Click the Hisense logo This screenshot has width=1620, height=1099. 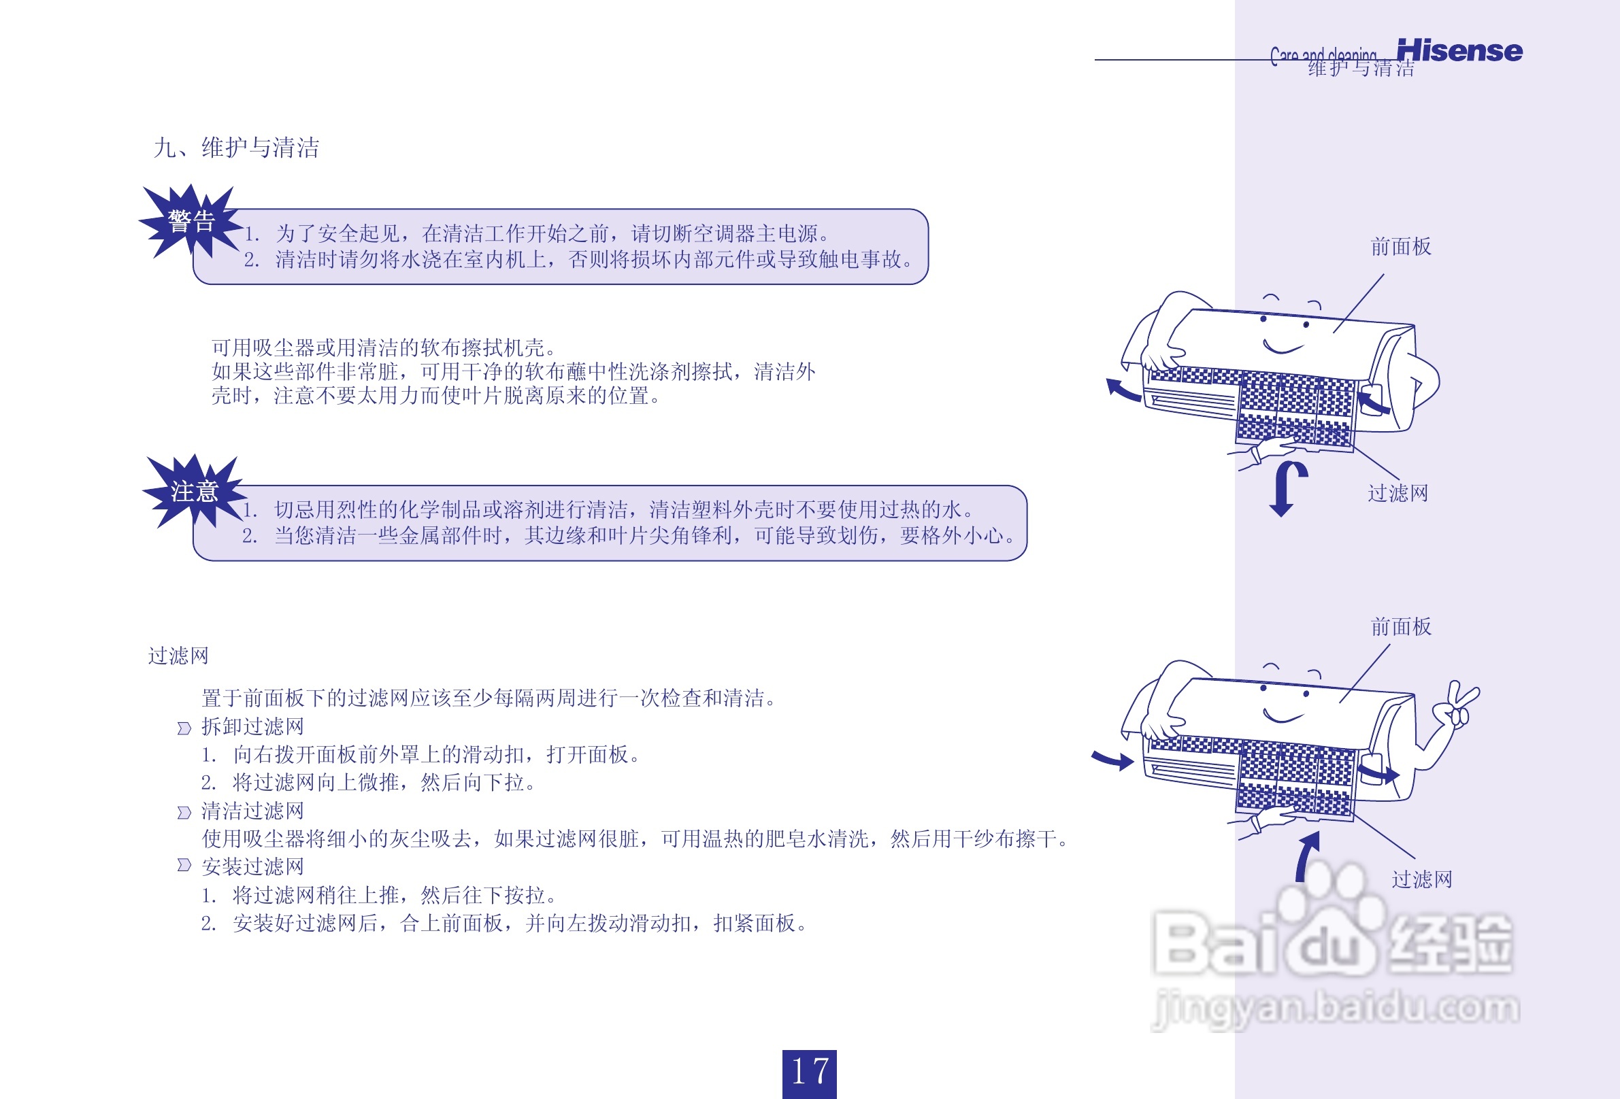(x=1459, y=51)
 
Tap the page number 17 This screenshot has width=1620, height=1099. (x=809, y=1072)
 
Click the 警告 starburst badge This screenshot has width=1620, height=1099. (x=191, y=222)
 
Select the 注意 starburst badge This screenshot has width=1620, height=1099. (x=194, y=491)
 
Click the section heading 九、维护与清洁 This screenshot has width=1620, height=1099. (x=236, y=148)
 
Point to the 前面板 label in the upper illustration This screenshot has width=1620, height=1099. (x=1400, y=247)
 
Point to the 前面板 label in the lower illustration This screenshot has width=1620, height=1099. (x=1400, y=626)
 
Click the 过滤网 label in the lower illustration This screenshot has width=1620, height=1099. (x=1422, y=879)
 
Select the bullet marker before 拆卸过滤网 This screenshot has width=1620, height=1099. (x=184, y=728)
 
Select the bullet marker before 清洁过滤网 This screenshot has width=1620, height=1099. (x=184, y=813)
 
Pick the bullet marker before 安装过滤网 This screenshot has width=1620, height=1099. (x=184, y=865)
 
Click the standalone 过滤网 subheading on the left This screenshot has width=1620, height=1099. (x=178, y=656)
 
